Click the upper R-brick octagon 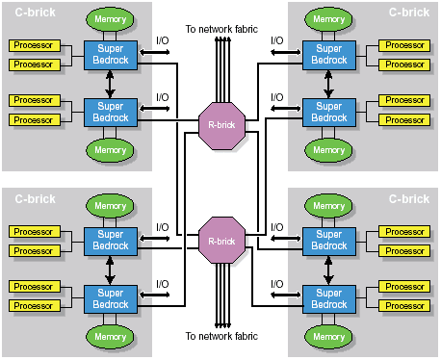pos(221,126)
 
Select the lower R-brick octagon pos(221,241)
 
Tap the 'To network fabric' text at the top pos(221,29)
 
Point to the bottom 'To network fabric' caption pos(221,336)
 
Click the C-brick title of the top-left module pos(35,13)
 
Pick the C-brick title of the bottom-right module pos(409,199)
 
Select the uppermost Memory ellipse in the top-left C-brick pos(110,19)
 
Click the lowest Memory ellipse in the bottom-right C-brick pos(328,337)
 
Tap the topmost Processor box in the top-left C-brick pos(35,45)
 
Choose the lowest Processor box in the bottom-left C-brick pos(35,306)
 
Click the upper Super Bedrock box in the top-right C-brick pos(329,55)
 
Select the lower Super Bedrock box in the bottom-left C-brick pos(111,299)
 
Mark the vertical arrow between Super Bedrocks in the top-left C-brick pos(110,84)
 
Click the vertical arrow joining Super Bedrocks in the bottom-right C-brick pos(328,270)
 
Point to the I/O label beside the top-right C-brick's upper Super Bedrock pos(277,40)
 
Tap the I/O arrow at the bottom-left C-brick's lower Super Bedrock pos(154,295)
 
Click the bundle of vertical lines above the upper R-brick pos(222,70)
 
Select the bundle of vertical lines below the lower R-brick pos(222,296)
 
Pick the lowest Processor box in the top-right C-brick pos(404,120)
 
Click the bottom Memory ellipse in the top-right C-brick pos(328,150)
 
